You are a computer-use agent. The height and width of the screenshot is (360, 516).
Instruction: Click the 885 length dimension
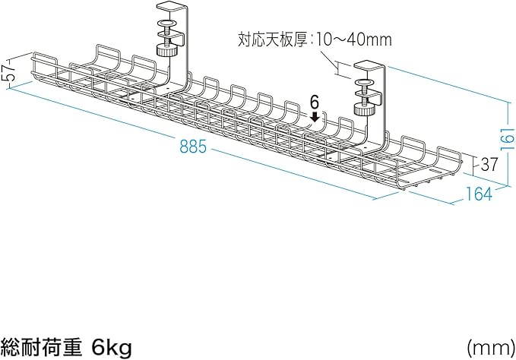[193, 148]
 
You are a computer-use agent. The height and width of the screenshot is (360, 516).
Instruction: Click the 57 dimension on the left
[9, 72]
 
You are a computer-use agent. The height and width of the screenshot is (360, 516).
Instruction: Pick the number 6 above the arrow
[315, 101]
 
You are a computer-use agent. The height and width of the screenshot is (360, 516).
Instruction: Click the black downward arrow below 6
[315, 116]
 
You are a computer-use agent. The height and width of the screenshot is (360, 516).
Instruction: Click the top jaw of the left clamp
[173, 9]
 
